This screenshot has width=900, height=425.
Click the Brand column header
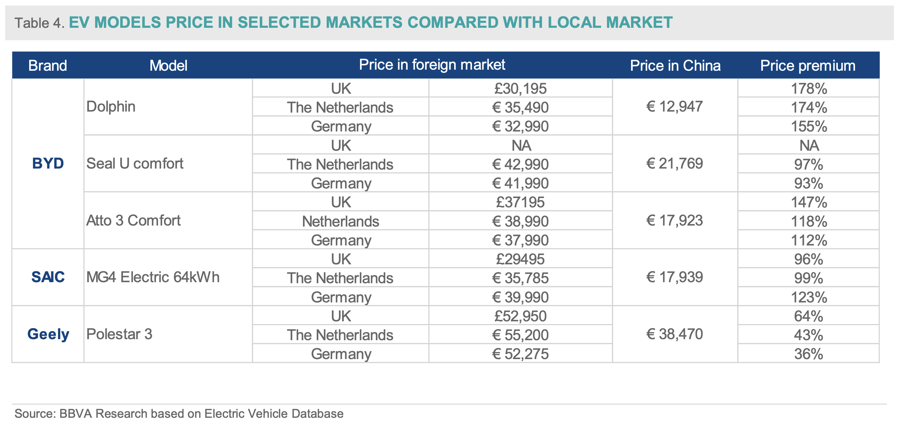(x=47, y=66)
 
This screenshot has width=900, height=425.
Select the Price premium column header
(x=808, y=66)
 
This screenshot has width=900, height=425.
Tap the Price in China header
(x=675, y=66)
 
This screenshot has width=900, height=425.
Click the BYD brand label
(x=48, y=163)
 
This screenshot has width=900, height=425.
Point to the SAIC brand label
(x=48, y=277)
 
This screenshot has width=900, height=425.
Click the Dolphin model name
(x=111, y=106)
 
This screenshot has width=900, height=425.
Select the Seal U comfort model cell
(x=135, y=163)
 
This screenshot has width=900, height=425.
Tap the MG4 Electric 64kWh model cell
(x=153, y=277)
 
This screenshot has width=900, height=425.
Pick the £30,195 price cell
(x=520, y=88)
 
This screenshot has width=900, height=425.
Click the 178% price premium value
(x=809, y=89)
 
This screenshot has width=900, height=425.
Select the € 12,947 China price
(x=674, y=106)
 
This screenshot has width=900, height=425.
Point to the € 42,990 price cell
(x=520, y=164)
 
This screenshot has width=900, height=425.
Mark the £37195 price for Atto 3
(x=520, y=202)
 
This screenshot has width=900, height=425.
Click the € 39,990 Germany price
(x=520, y=297)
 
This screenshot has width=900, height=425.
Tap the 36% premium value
(x=809, y=354)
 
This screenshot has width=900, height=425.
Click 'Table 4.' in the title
(x=40, y=23)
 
